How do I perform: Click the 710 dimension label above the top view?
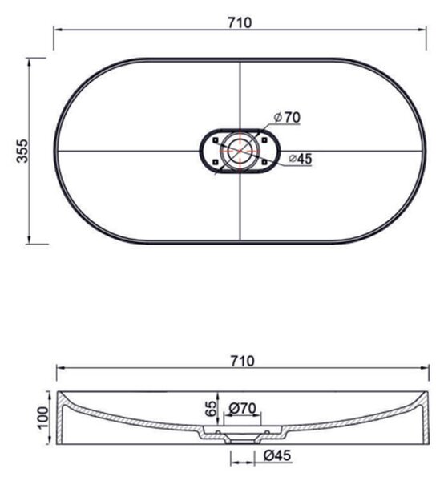pos(240,22)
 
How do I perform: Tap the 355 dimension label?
pos(22,151)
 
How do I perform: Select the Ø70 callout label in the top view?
pos(287,117)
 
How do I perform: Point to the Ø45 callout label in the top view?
pos(301,159)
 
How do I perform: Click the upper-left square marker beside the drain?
pos(216,140)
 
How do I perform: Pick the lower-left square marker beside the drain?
pos(216,162)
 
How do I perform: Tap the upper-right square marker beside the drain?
pos(264,140)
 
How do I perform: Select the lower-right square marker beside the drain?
pos(264,162)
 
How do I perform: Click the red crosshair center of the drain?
pos(240,151)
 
